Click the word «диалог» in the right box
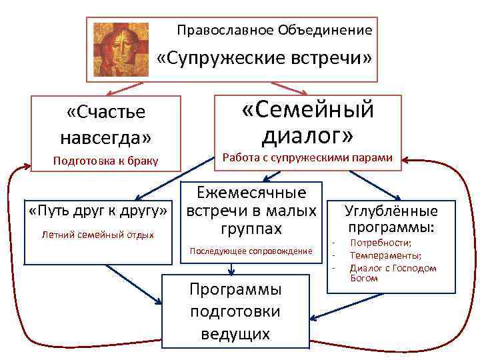pos(307,135)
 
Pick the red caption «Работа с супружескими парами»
pos(307,158)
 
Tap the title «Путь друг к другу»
pos(98,212)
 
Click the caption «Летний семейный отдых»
pos(97,235)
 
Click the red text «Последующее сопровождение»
pos(251,251)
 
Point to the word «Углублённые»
pos(391,211)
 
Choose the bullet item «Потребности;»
pos(381,243)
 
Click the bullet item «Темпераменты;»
pos(385,255)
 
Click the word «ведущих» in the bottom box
pos(235,333)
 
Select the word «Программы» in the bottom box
pos(235,289)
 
